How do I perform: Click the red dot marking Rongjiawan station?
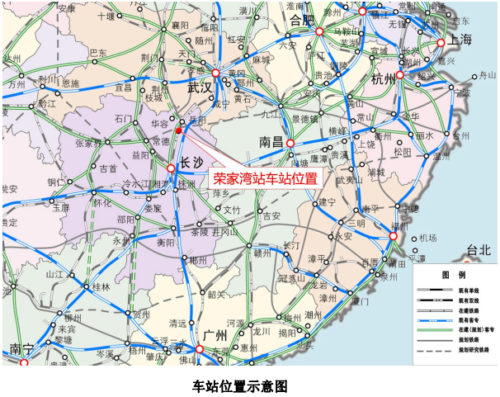click(x=177, y=130)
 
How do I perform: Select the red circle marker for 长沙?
click(x=171, y=168)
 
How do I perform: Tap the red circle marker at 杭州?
click(x=400, y=74)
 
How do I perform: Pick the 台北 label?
click(x=478, y=249)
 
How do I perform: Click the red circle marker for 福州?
click(x=394, y=236)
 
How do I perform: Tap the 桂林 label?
click(x=101, y=287)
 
